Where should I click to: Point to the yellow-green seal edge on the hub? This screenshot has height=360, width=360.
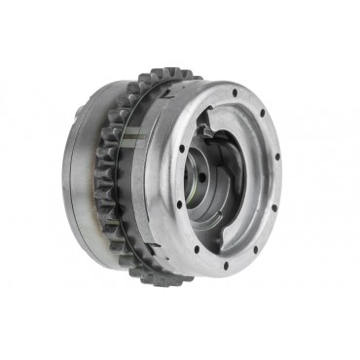212,194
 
